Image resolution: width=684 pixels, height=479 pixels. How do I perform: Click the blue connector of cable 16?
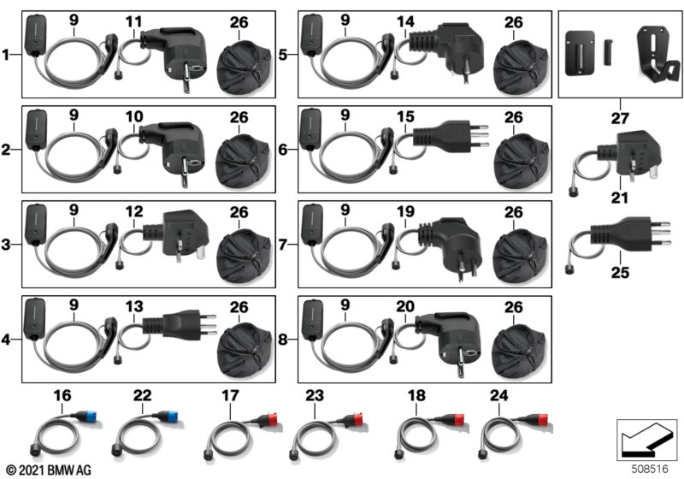pos(93,417)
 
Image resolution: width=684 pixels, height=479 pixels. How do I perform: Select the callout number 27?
pos(620,118)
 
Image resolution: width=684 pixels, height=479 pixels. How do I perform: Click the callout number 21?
pos(619,198)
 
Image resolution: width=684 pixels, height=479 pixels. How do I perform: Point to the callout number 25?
pos(620,273)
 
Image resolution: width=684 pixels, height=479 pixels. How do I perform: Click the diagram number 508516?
pos(650,469)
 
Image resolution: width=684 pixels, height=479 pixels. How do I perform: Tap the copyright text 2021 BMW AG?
pos(49,470)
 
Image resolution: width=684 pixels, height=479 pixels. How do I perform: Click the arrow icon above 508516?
pos(646,439)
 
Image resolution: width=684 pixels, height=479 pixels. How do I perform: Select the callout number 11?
pos(134,21)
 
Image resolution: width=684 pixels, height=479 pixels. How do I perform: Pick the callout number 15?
pos(405,116)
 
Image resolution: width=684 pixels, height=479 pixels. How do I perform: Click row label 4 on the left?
pos(5,339)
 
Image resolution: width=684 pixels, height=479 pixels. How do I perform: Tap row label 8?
pos(283,339)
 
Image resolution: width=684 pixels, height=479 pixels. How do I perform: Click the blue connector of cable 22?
pos(173,417)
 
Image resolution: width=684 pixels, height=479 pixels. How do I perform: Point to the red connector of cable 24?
pos(543,420)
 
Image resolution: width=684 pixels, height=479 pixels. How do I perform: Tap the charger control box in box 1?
pos(36,36)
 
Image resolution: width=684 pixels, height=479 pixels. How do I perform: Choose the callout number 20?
pos(405,306)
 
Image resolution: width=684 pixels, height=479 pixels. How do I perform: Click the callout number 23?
pos(315,395)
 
